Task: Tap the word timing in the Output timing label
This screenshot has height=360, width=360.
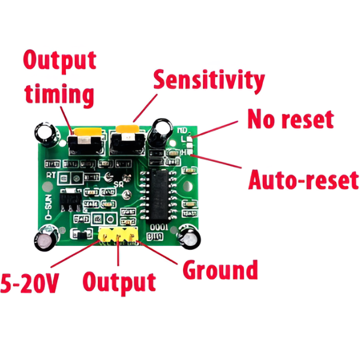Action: point(59,95)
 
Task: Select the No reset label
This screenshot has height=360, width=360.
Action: point(290,119)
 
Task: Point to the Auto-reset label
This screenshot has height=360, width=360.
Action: point(303,179)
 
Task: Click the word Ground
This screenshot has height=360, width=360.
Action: point(220,270)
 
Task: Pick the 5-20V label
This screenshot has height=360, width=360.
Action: point(29,283)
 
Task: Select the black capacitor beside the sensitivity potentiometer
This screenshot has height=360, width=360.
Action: point(161,133)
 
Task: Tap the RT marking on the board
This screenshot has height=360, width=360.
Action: point(52,176)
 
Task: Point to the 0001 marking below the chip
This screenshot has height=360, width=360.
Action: point(158,227)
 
